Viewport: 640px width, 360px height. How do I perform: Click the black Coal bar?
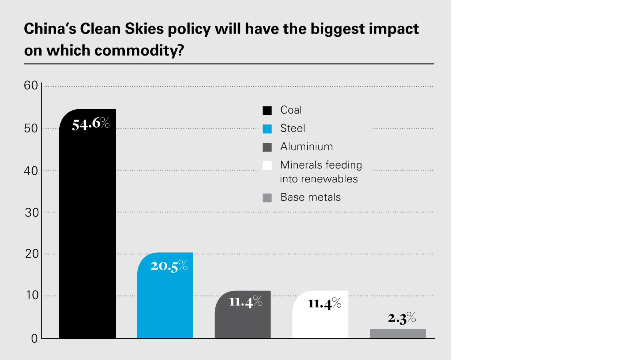click(87, 232)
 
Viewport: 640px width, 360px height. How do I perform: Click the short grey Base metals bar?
click(398, 334)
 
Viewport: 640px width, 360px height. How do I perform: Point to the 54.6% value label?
click(91, 124)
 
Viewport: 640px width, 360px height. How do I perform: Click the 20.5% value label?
click(169, 266)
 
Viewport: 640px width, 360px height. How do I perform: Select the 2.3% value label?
click(402, 318)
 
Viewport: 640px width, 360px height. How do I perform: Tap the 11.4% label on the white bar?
click(324, 304)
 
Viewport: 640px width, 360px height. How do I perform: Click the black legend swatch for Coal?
click(267, 110)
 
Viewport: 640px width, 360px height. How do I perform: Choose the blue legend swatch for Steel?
click(267, 129)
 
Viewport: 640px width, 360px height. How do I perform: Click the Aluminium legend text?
click(306, 147)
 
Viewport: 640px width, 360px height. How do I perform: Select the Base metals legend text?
click(310, 197)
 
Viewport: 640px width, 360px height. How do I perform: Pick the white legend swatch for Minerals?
click(267, 166)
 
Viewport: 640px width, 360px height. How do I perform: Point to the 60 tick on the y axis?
click(31, 86)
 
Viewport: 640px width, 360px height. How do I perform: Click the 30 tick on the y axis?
click(32, 212)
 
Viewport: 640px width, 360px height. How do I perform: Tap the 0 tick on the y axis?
click(34, 339)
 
